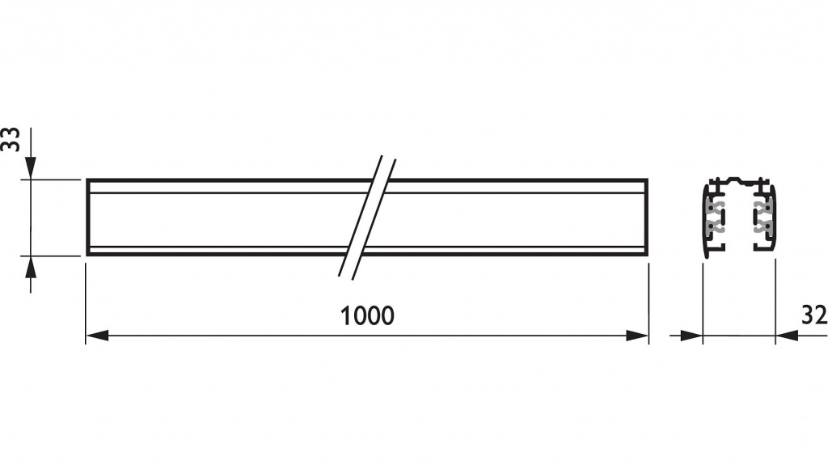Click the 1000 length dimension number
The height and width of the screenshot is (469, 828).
pos(367,315)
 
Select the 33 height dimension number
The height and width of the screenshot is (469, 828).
pos(11,139)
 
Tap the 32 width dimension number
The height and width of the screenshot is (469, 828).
pos(814,315)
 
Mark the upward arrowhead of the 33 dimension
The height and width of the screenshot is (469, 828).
pos(30,266)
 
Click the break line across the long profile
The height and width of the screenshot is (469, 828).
pos(368,217)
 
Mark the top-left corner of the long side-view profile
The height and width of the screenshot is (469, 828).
pos(87,180)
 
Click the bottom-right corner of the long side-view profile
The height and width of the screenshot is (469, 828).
pos(648,255)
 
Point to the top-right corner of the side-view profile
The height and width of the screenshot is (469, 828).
pos(648,180)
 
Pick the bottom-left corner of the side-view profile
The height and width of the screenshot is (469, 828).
pos(87,255)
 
